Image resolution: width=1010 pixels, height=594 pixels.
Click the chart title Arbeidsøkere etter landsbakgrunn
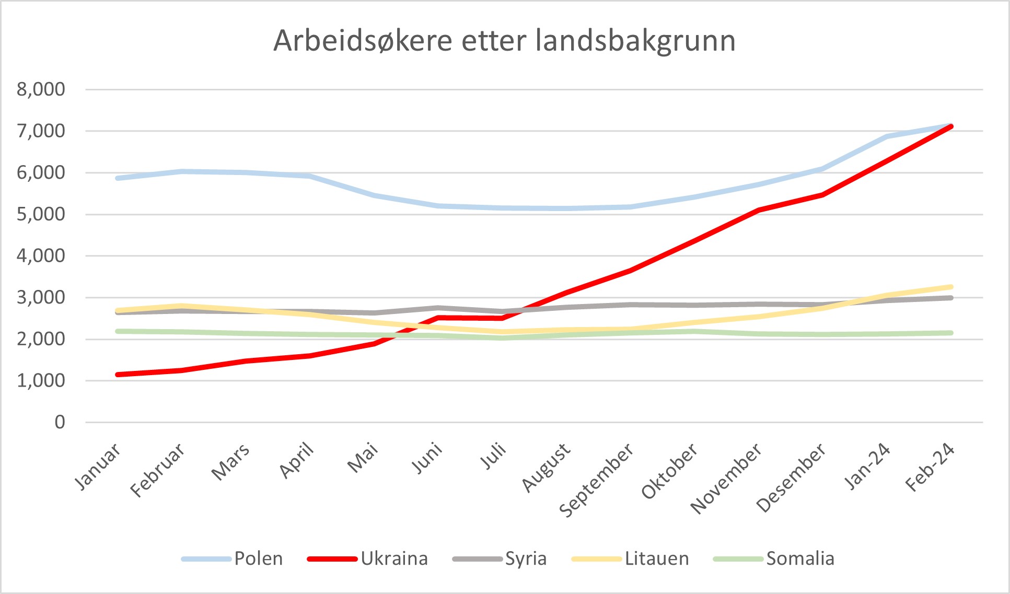pos(504,41)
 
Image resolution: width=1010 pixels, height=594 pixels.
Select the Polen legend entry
pos(258,558)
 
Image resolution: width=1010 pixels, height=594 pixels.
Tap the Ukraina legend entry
pos(394,558)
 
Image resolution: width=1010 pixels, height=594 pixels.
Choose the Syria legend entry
pos(526,558)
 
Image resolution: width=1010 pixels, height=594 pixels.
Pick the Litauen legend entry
pos(657,558)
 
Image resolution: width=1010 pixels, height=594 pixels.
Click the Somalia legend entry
pos(800,558)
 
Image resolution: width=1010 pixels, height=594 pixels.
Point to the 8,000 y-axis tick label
pos(41,89)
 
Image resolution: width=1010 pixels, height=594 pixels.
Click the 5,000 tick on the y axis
pos(41,214)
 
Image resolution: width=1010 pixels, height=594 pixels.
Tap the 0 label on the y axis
pos(60,422)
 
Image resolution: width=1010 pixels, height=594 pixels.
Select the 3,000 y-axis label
pos(41,297)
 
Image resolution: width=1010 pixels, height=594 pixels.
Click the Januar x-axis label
pos(98,467)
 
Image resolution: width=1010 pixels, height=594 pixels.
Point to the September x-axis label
pos(597,480)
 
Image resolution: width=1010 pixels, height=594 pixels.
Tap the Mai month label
pos(363,458)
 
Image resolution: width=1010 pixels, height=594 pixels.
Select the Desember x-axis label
pos(791,477)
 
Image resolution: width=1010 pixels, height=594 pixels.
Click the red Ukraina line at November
pos(758,210)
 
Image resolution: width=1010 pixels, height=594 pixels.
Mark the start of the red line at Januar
pos(118,375)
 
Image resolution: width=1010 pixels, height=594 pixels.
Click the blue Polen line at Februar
pos(182,171)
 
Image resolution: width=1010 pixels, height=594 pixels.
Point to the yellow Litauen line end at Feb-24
pos(950,287)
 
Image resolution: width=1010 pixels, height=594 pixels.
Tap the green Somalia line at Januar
pos(118,331)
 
